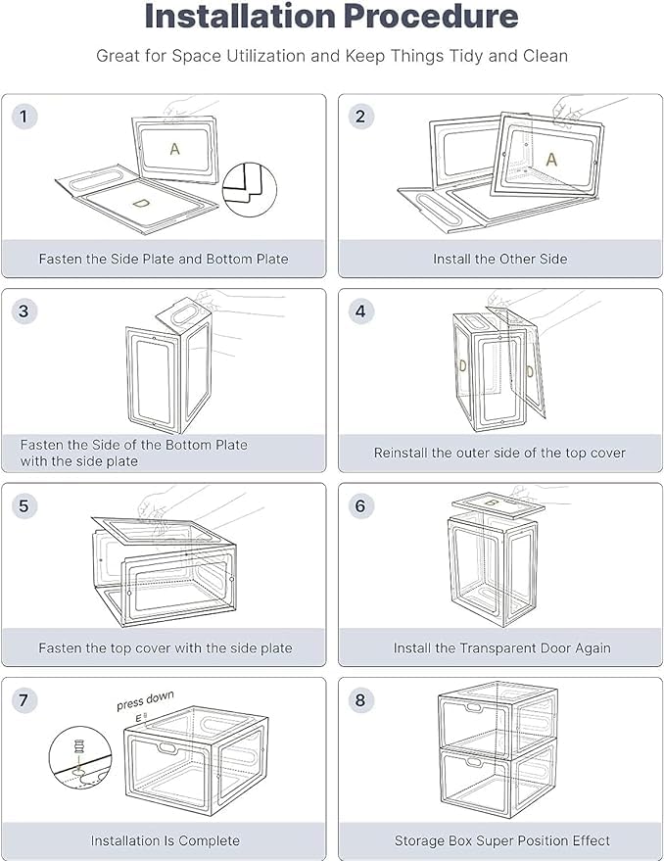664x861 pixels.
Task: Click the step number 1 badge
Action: [24, 117]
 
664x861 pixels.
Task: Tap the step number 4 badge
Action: [360, 311]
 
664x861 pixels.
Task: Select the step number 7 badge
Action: [24, 700]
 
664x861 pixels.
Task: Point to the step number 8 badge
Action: [360, 700]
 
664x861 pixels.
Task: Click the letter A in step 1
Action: [174, 149]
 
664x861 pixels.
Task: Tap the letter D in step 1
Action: [141, 203]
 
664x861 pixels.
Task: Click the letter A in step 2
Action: [551, 160]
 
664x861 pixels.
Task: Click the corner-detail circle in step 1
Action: [250, 189]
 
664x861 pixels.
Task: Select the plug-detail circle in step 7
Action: [80, 757]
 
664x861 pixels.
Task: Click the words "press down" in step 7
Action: [145, 700]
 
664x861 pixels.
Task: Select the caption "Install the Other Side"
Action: [499, 259]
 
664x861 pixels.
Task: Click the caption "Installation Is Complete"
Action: [165, 840]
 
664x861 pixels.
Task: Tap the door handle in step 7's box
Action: [167, 747]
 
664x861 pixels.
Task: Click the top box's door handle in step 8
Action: [474, 708]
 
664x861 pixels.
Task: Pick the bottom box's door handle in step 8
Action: [473, 762]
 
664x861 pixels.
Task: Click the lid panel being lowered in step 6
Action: [498, 505]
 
